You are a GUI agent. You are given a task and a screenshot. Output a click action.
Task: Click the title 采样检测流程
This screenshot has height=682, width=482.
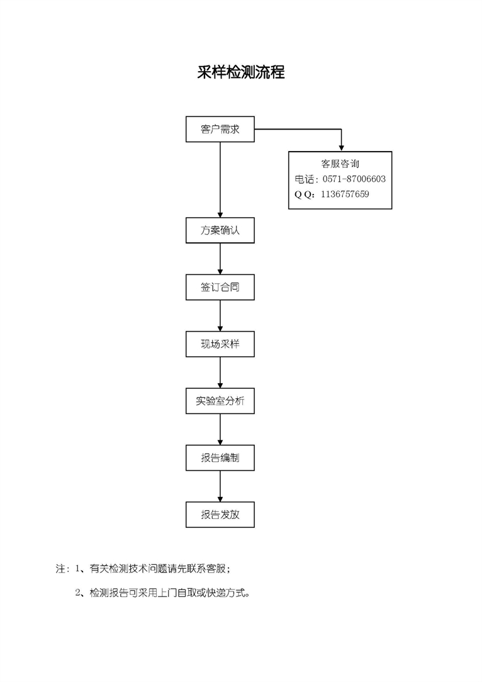(x=241, y=72)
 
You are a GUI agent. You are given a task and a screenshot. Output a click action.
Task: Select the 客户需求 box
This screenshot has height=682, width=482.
(x=220, y=129)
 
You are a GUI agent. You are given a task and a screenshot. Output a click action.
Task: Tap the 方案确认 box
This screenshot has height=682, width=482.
(x=220, y=230)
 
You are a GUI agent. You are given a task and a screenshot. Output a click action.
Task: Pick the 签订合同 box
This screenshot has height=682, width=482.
(x=220, y=287)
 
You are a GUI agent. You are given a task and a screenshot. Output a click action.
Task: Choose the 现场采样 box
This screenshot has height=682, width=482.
(x=220, y=344)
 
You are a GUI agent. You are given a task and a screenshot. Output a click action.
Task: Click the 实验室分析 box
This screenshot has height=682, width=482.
(x=220, y=401)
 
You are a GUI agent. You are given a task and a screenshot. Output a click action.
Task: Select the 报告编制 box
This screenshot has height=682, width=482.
(x=220, y=457)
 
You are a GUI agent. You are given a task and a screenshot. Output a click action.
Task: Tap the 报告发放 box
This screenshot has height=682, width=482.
(x=220, y=515)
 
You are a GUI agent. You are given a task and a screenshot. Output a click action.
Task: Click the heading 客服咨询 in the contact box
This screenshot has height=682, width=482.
(x=340, y=164)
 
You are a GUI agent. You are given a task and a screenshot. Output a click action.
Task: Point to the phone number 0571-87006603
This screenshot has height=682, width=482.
(x=354, y=179)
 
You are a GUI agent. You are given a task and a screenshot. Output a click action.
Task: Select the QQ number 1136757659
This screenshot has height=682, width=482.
(x=345, y=194)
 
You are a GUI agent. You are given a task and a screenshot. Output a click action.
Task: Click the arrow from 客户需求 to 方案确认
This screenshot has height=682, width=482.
(x=220, y=180)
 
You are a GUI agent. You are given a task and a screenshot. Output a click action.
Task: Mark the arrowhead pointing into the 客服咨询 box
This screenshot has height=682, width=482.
(x=342, y=148)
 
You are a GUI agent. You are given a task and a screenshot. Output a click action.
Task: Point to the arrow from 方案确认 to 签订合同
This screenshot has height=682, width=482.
(x=220, y=259)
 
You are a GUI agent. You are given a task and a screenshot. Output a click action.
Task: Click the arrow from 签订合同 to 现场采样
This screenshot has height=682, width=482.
(x=220, y=315)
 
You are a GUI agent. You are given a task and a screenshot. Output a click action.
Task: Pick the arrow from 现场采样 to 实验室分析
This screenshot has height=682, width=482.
(x=220, y=372)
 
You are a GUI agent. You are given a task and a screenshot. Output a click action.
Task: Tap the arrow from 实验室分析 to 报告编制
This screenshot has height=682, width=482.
(x=220, y=429)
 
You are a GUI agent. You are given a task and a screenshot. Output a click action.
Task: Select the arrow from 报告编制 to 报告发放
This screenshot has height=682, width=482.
(x=220, y=486)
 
